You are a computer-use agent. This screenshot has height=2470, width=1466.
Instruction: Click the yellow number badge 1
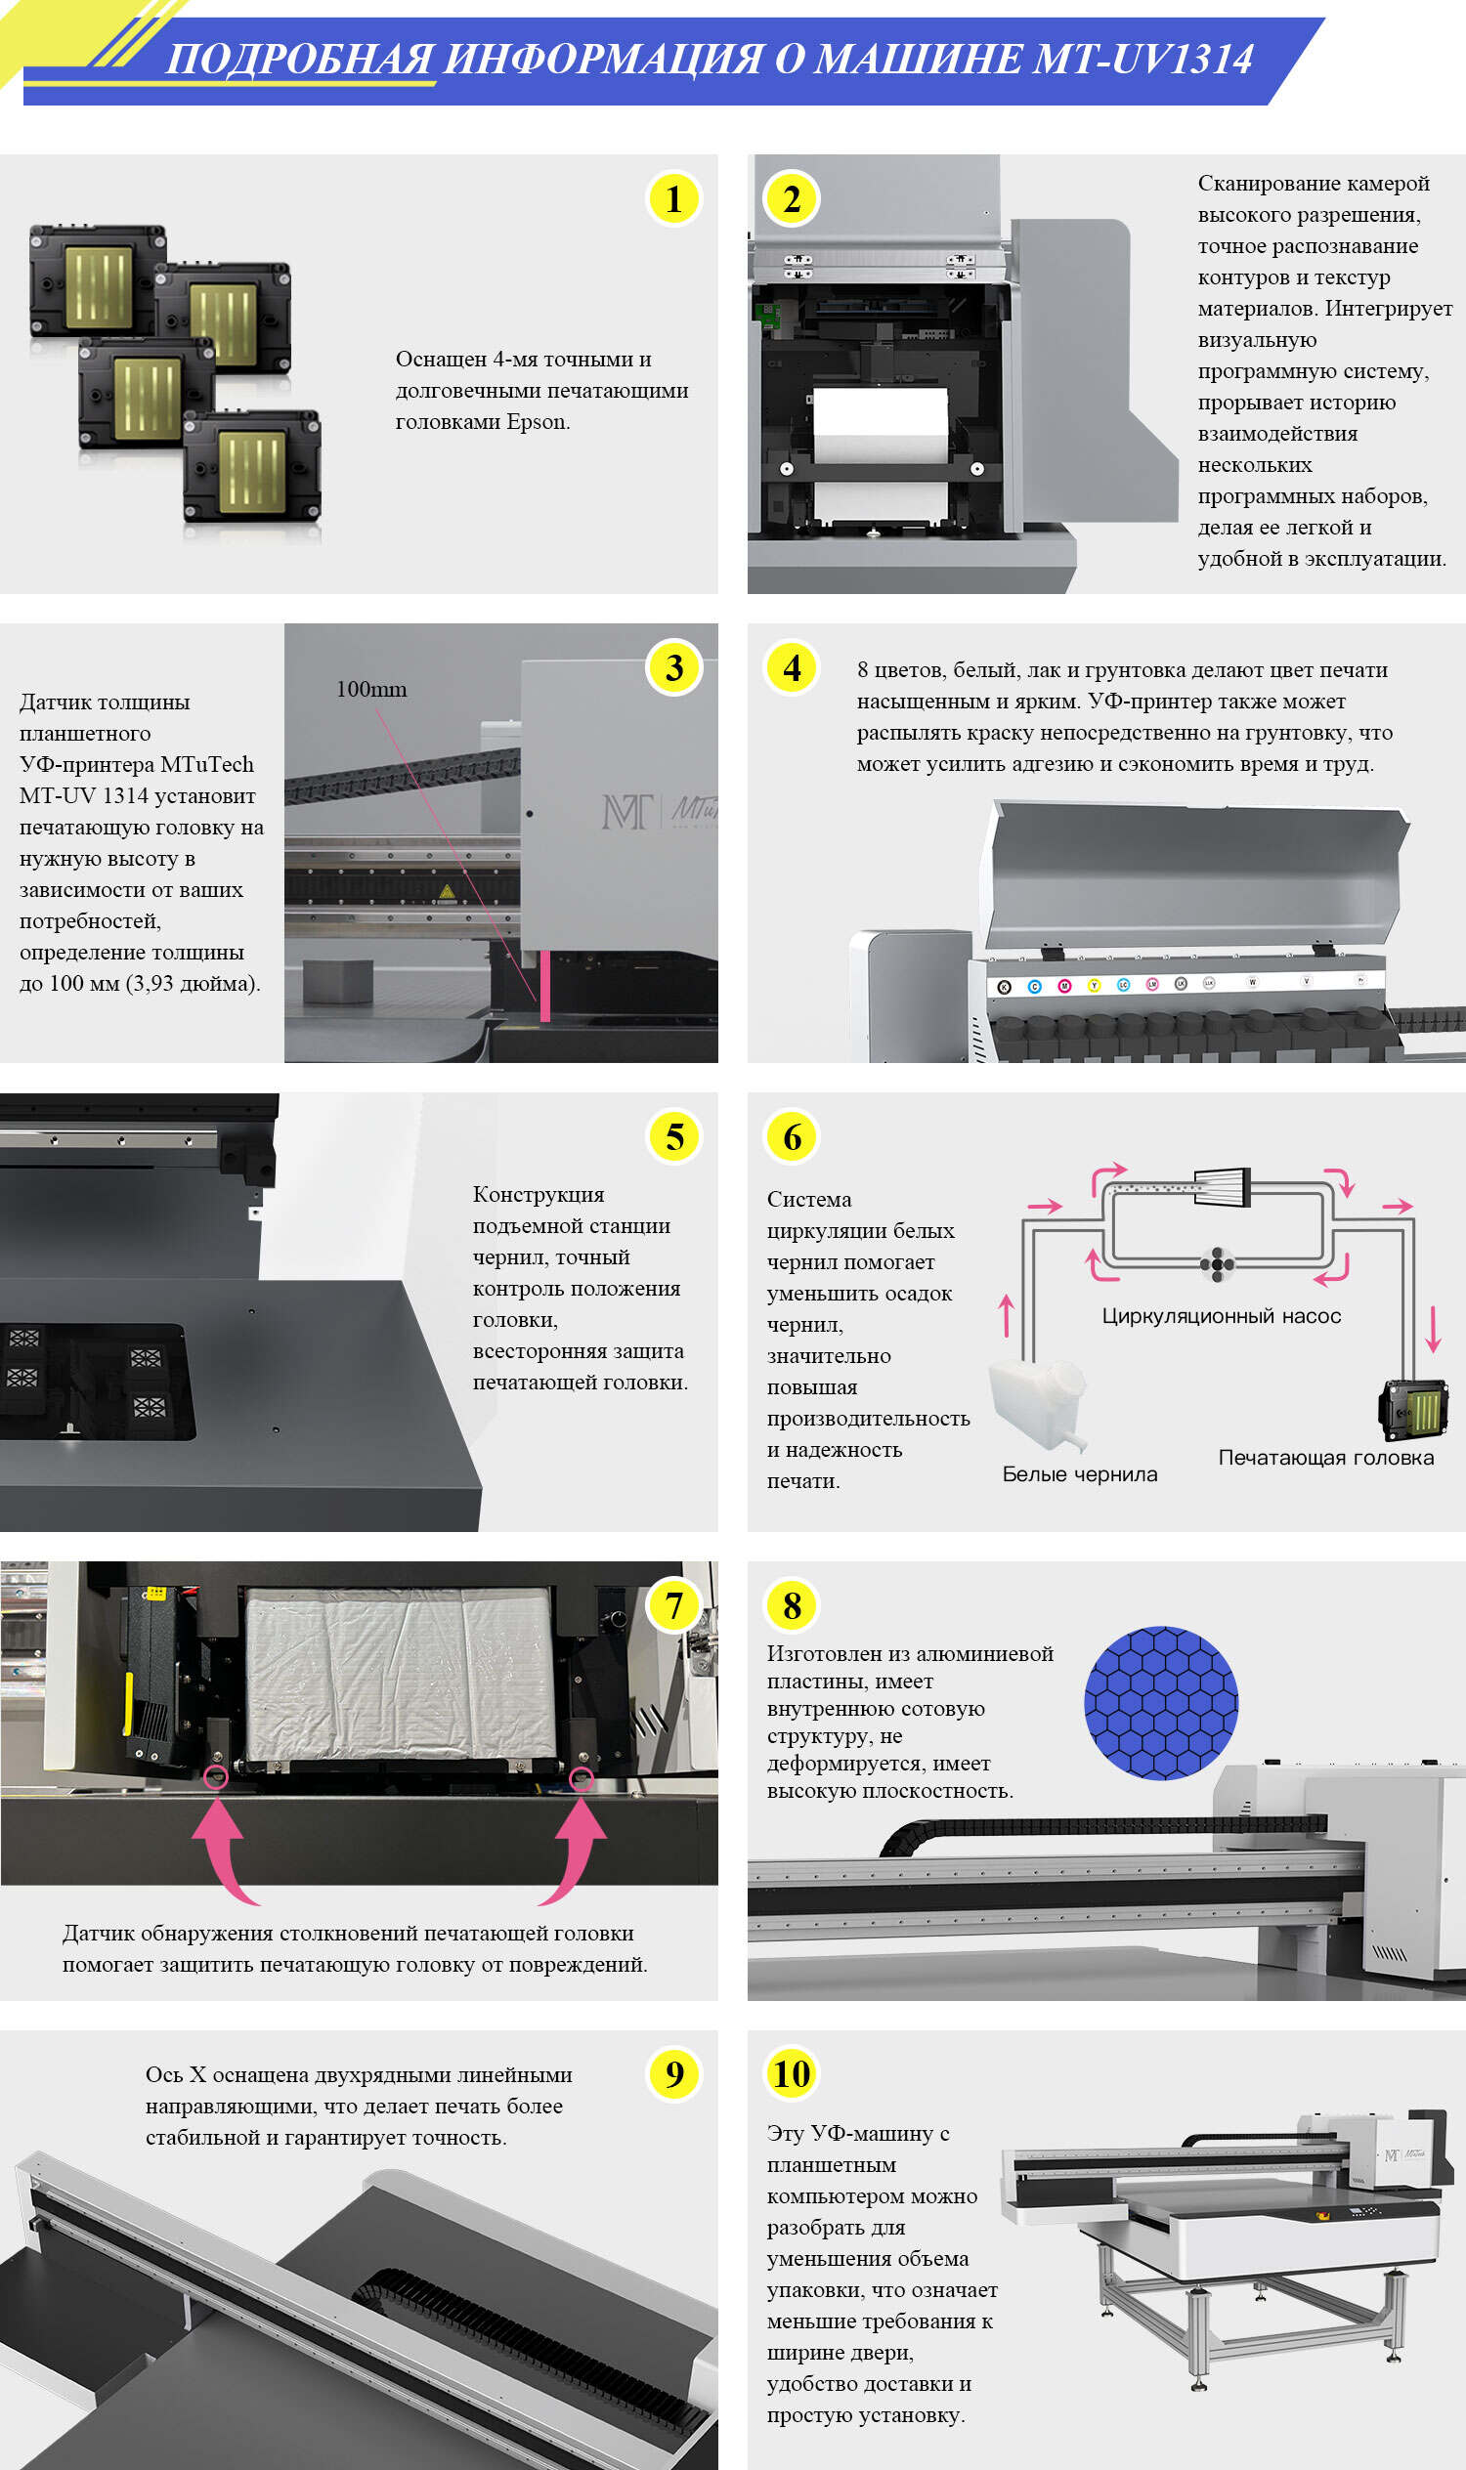tap(673, 198)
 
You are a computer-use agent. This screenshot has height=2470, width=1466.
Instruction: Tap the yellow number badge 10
tap(792, 2073)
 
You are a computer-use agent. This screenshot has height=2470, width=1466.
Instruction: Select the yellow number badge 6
tap(792, 1136)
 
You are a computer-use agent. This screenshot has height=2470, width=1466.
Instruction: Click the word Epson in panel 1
tap(538, 422)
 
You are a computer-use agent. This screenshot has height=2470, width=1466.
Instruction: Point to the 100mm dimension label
tap(371, 690)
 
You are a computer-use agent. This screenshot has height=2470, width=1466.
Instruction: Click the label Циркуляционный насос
tap(1221, 1315)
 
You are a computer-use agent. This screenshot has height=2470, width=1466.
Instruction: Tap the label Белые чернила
tap(1079, 1473)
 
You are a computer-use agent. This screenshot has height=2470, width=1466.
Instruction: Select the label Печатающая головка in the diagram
tap(1325, 1457)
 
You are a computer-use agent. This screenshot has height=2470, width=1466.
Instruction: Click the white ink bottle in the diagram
tap(1037, 1402)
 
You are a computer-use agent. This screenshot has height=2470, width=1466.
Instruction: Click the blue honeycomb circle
tap(1161, 1703)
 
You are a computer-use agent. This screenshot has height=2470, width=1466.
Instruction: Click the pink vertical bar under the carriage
tap(544, 986)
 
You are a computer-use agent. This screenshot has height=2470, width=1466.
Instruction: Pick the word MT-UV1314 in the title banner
tap(1142, 60)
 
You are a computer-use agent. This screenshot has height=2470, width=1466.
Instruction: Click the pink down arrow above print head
tap(1434, 1330)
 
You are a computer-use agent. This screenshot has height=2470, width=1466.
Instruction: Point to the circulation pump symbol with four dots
tap(1217, 1263)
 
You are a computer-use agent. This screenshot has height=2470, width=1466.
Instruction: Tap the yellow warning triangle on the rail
tap(447, 891)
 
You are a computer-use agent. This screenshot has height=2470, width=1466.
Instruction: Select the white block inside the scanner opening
tap(881, 425)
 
